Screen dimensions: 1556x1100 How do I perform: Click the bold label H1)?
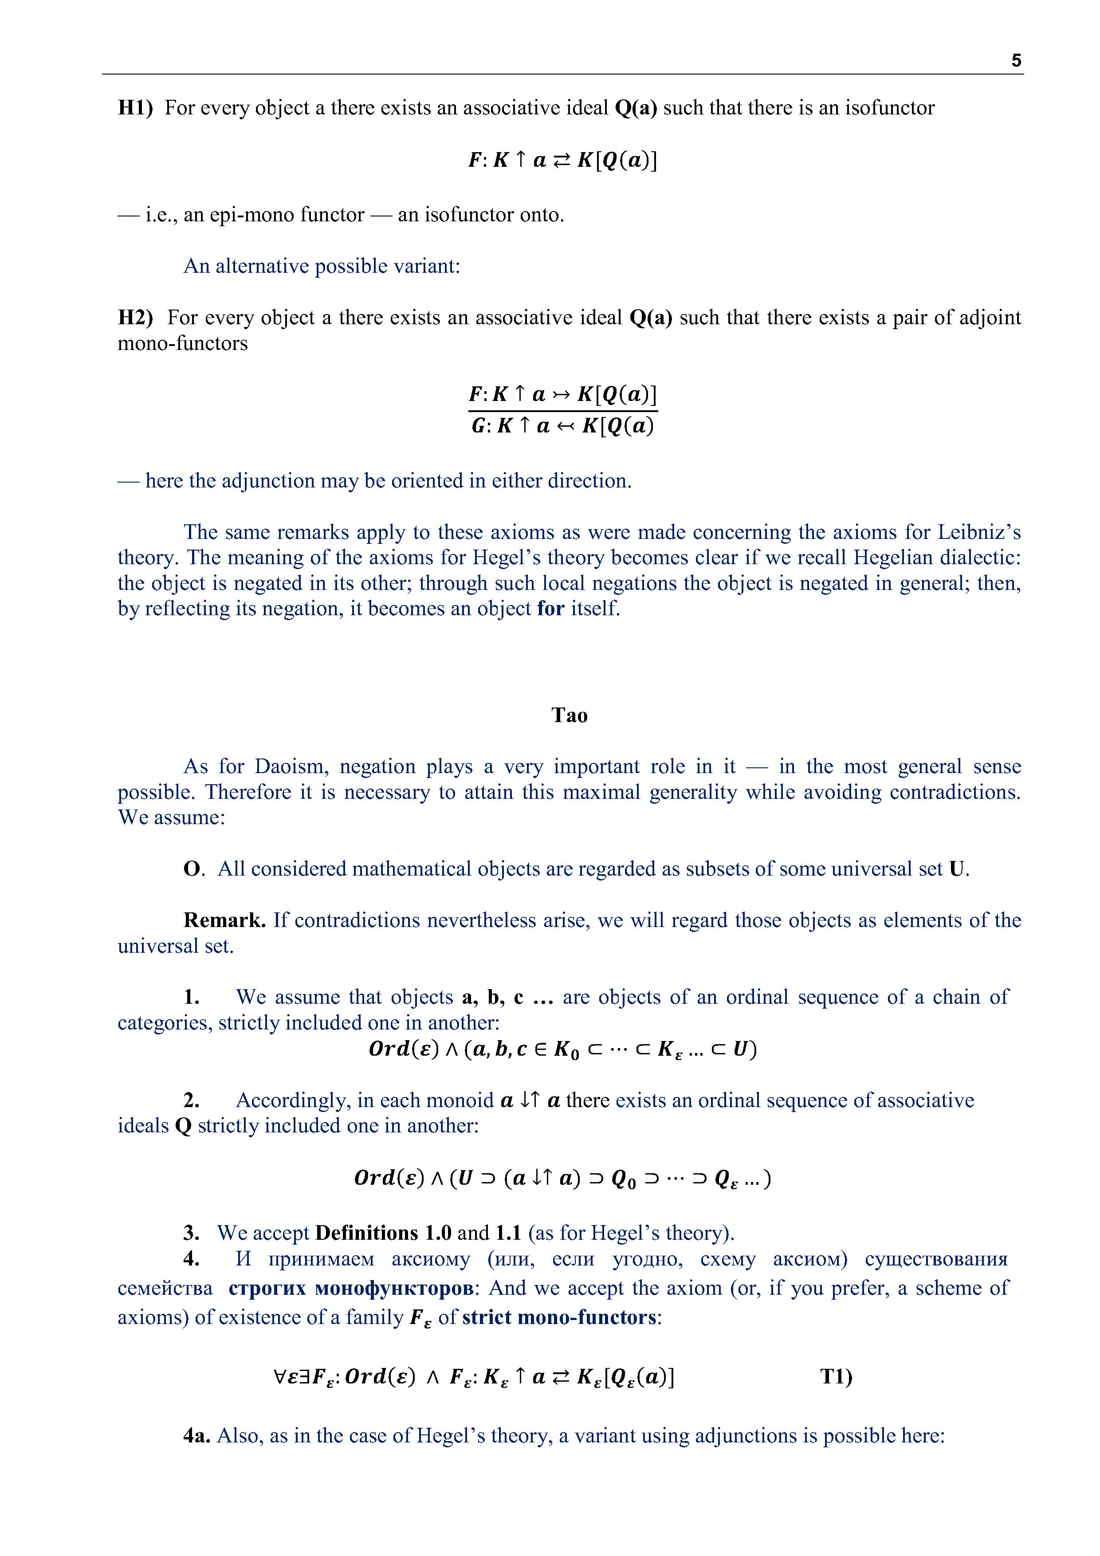click(136, 108)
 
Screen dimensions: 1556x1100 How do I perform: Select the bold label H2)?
click(136, 317)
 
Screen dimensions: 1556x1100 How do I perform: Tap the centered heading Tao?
click(570, 715)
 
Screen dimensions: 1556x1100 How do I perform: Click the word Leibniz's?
click(978, 532)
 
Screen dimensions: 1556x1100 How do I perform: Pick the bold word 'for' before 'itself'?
click(550, 608)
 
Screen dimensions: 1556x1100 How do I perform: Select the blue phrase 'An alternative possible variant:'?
click(322, 266)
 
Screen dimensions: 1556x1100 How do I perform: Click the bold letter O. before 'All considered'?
click(193, 869)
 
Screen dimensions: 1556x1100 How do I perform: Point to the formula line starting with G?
click(562, 426)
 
